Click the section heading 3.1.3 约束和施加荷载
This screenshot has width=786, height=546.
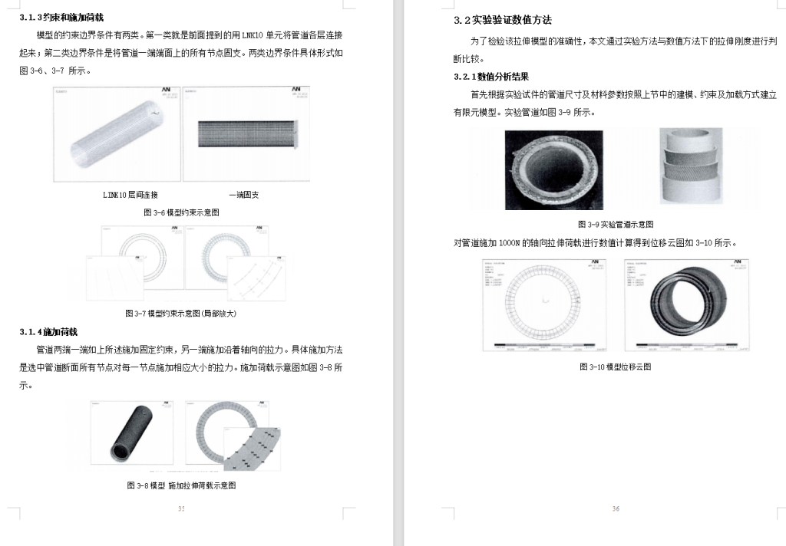click(x=61, y=17)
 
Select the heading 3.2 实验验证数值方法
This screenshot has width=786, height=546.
click(x=503, y=20)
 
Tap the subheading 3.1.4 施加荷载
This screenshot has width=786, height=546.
click(x=49, y=331)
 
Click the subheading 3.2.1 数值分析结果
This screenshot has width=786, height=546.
click(x=491, y=77)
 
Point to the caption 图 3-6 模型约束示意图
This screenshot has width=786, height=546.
click(x=181, y=212)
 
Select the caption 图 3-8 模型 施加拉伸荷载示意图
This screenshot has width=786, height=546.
click(x=181, y=485)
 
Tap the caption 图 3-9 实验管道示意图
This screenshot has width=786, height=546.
click(x=616, y=224)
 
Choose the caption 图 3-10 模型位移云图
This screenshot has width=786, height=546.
click(x=616, y=367)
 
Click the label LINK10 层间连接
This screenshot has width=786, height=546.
click(x=130, y=195)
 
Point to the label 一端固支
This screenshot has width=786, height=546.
click(x=244, y=195)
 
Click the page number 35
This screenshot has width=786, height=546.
click(x=181, y=508)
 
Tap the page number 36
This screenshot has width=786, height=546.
click(x=616, y=508)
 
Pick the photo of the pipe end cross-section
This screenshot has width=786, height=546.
click(x=553, y=169)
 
